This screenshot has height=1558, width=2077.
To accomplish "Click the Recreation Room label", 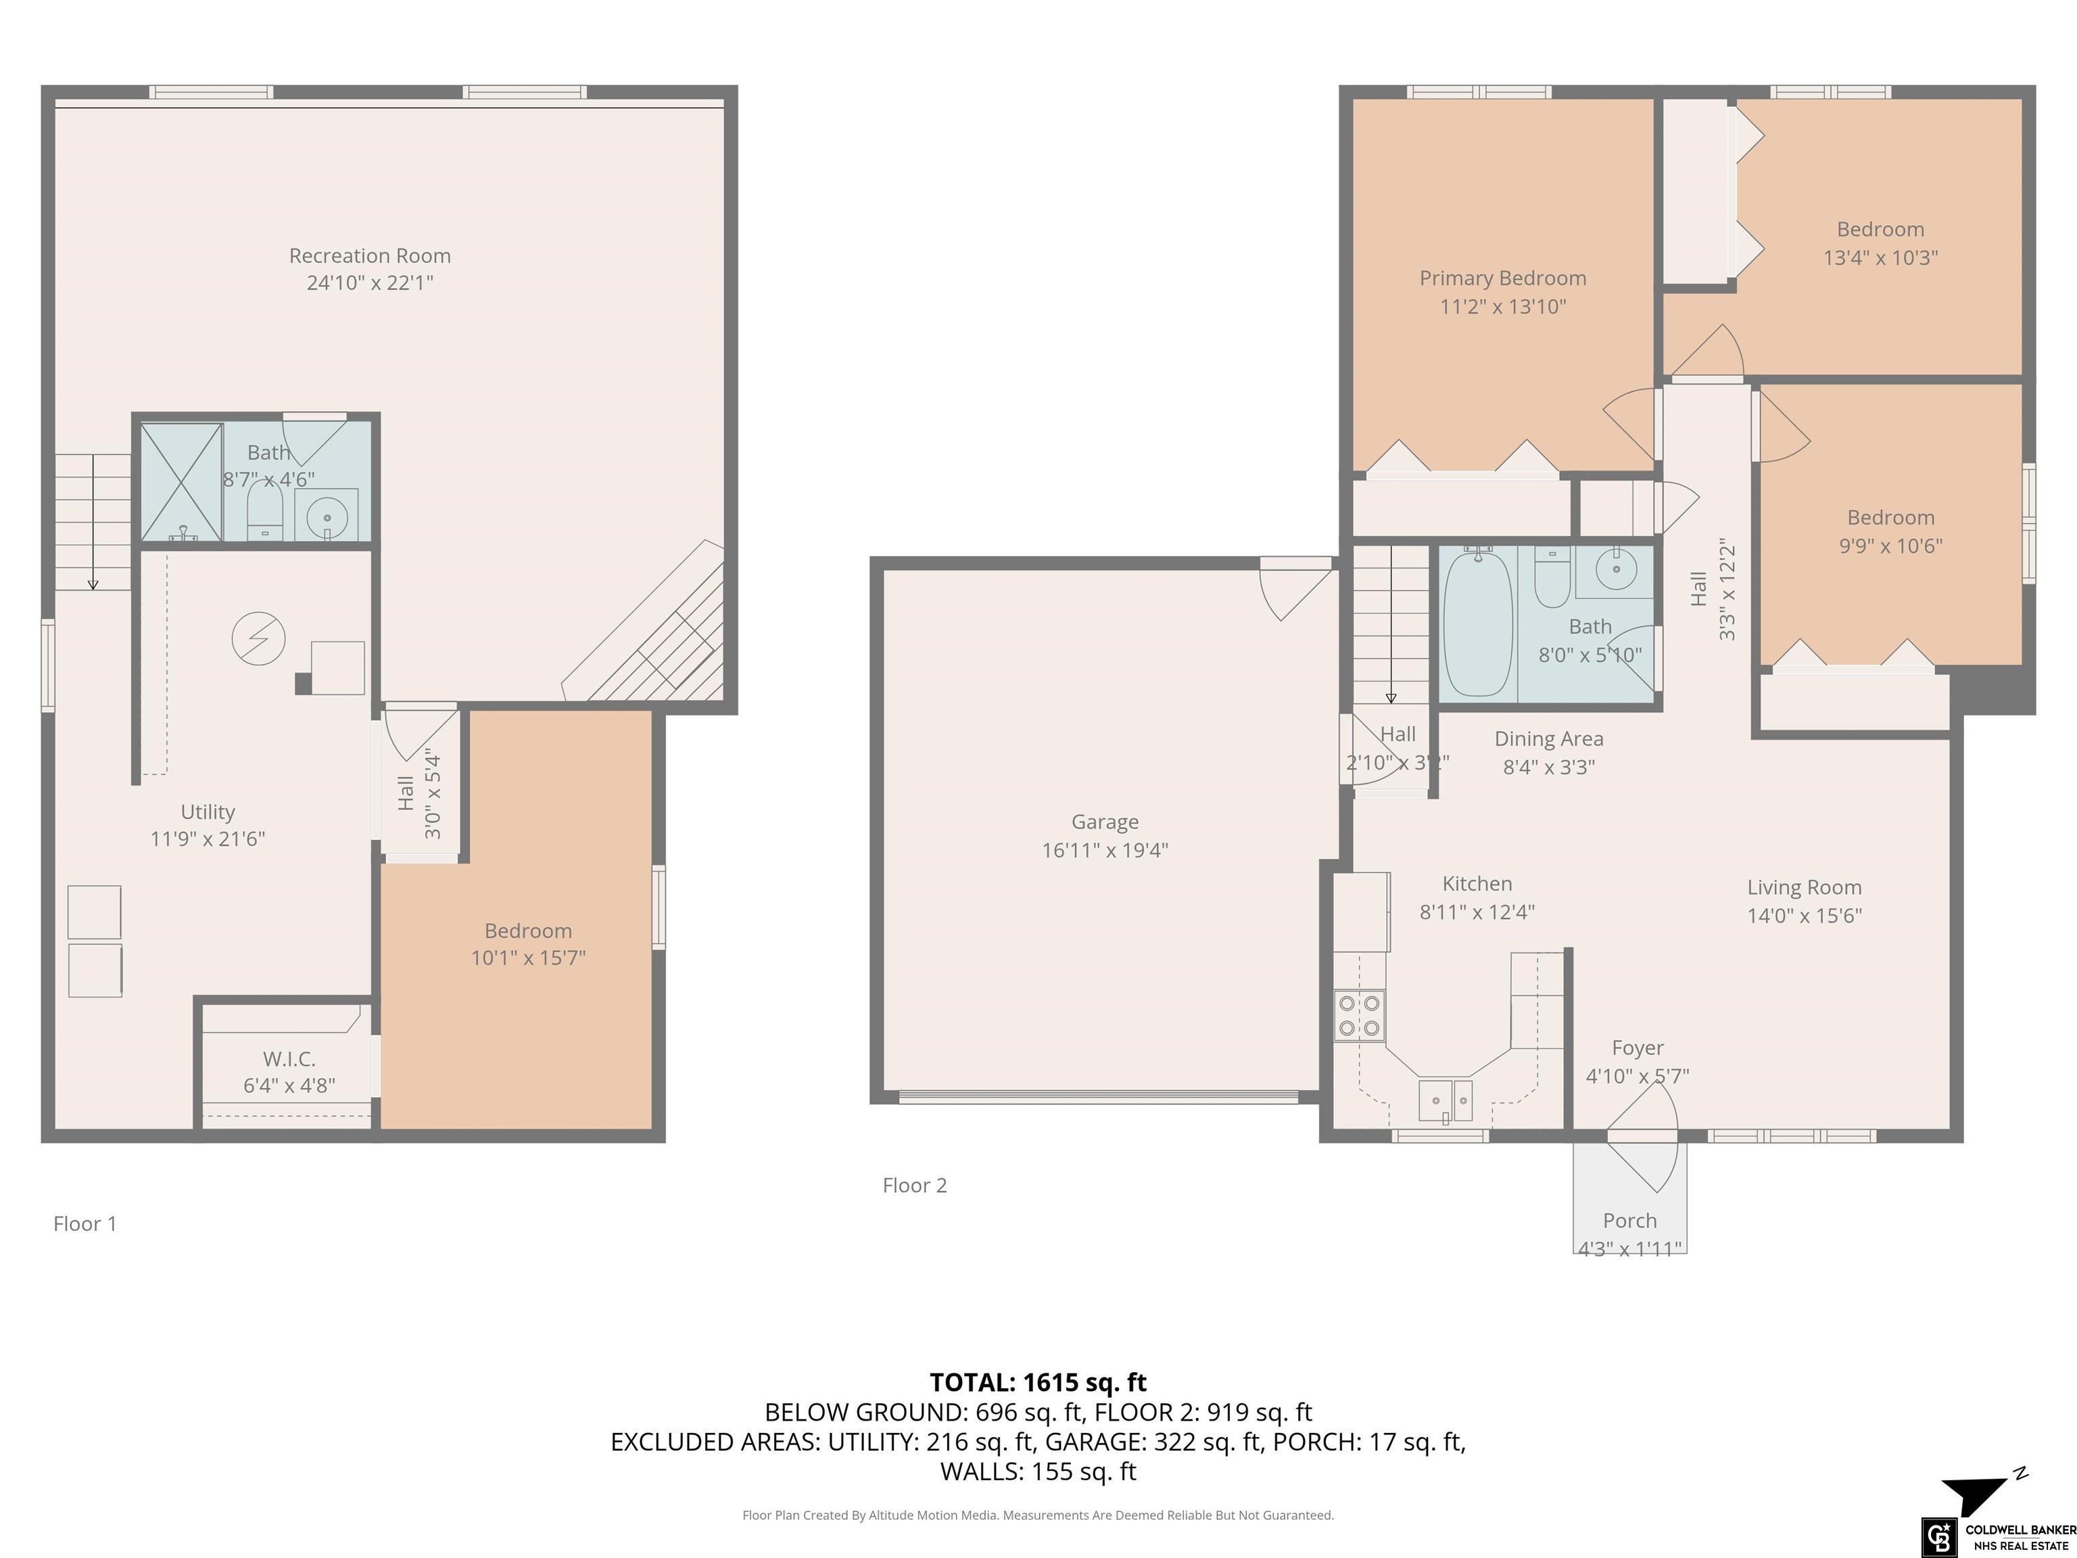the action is click(x=370, y=256).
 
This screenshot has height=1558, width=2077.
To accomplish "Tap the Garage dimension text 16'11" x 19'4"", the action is click(x=1105, y=850).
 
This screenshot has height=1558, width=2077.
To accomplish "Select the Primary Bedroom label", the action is click(x=1502, y=278).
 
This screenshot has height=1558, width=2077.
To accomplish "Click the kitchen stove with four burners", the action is click(x=1360, y=1016).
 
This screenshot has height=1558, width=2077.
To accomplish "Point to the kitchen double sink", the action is click(x=1445, y=1101).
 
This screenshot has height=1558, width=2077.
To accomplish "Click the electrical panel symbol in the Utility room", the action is click(x=258, y=638).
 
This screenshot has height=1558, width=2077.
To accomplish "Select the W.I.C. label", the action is click(x=289, y=1058).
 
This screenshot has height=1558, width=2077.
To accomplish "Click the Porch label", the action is click(x=1630, y=1220).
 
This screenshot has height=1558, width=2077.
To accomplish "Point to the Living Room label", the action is click(x=1804, y=887).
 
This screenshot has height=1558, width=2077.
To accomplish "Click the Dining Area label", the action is click(x=1550, y=739).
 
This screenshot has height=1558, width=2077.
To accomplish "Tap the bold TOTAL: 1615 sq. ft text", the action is click(x=1038, y=1382).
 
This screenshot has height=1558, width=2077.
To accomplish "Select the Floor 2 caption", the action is click(x=915, y=1185).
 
